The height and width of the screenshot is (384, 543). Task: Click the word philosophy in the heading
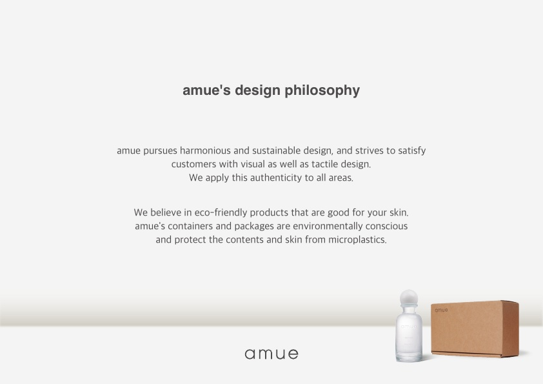coord(322,91)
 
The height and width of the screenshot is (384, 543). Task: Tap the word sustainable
coord(277,150)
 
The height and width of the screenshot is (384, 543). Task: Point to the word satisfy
coord(411,151)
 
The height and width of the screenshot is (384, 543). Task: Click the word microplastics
coord(357,240)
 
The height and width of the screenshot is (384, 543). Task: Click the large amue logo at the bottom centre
coord(271,354)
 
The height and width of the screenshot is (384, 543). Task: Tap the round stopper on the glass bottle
coord(409,298)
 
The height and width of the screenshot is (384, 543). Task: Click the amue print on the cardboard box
coord(441,310)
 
